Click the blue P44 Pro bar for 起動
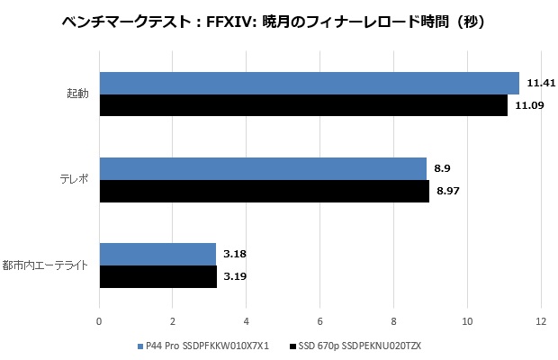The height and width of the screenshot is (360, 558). (x=309, y=83)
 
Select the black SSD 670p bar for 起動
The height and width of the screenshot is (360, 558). (x=303, y=106)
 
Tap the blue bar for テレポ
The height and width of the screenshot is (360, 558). (x=263, y=168)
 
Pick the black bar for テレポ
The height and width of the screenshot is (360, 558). (x=264, y=192)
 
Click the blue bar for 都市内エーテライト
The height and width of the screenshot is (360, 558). (x=157, y=254)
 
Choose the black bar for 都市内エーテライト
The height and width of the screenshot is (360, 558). (x=157, y=276)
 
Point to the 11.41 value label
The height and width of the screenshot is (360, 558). (x=540, y=83)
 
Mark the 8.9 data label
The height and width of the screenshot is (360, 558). (x=444, y=168)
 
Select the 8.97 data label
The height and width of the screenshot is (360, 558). (x=448, y=192)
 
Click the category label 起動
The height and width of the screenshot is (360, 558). (x=77, y=94)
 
